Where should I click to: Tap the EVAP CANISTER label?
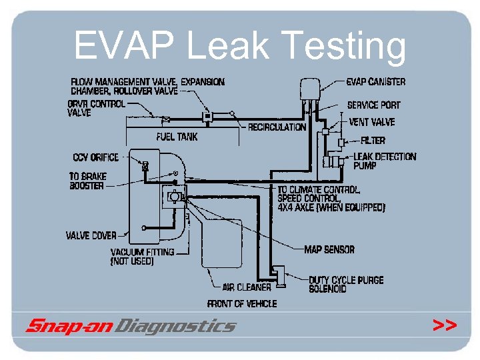(x=375, y=82)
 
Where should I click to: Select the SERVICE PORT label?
(x=373, y=105)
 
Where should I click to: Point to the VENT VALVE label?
(x=371, y=122)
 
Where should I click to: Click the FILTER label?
(x=373, y=141)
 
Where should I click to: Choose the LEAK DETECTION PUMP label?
(x=384, y=161)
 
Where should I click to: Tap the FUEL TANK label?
(x=177, y=137)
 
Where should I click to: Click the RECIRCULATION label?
(x=277, y=127)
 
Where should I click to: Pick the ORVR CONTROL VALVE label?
(x=95, y=109)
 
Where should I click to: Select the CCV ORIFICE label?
(x=95, y=157)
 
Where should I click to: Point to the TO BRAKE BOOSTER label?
(x=87, y=181)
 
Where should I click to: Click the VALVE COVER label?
(x=91, y=235)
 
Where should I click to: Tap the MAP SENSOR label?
(x=329, y=249)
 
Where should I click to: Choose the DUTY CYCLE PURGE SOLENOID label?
(x=346, y=284)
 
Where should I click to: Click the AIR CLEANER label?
(x=247, y=287)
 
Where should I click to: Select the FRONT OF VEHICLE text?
(x=242, y=303)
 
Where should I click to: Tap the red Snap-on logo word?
(x=69, y=326)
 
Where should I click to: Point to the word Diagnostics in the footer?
(x=175, y=326)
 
